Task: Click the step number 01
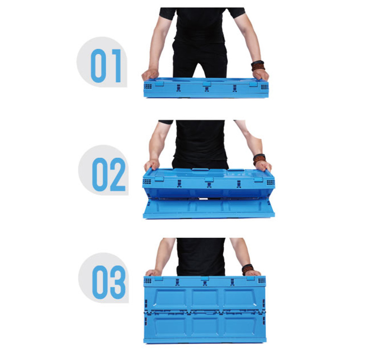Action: point(106,66)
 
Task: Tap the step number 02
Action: point(109,175)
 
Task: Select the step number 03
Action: point(109,282)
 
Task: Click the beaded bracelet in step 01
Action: point(258,66)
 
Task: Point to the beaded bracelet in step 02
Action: point(259,159)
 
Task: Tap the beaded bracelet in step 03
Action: point(248,269)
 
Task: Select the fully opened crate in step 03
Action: point(205,309)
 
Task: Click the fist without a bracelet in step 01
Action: point(150,74)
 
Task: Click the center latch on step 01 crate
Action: point(206,84)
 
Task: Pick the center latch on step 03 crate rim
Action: point(205,279)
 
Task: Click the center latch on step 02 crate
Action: point(209,179)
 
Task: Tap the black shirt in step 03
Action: point(201,257)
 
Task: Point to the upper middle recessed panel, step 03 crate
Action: point(205,299)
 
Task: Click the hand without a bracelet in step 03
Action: point(154,273)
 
